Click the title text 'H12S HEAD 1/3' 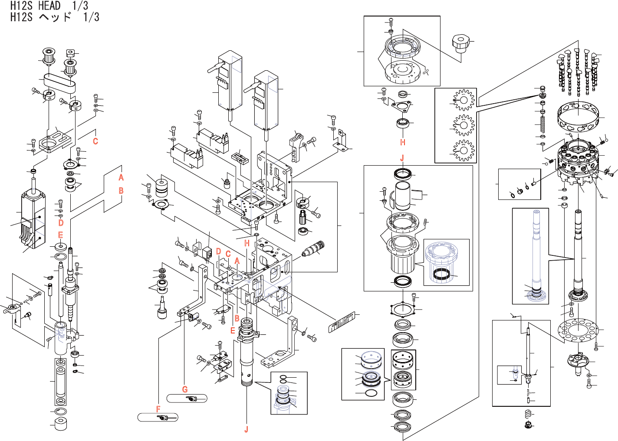[49, 6]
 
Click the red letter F [158, 409]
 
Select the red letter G [185, 389]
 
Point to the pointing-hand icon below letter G [191, 399]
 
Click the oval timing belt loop [59, 82]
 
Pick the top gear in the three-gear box [463, 100]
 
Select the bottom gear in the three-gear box [463, 150]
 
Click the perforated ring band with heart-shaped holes [579, 116]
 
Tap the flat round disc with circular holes [577, 331]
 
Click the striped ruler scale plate [343, 322]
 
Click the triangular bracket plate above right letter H [401, 106]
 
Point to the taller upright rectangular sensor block [230, 80]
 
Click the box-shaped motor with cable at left [33, 221]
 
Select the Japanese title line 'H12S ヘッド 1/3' [55, 17]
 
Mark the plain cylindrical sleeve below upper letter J [403, 195]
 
